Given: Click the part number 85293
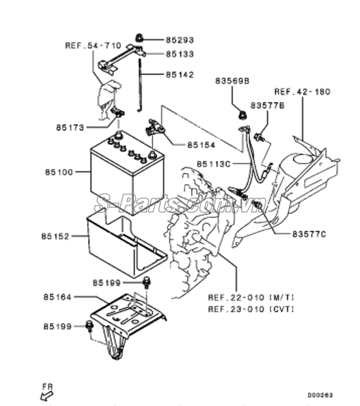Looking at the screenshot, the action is [x=180, y=40].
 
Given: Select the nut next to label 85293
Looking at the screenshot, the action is [x=139, y=38].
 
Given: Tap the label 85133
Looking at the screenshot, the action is [x=180, y=54].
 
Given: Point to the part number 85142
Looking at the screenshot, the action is [x=180, y=75].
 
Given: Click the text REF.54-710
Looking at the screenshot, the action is [x=93, y=46].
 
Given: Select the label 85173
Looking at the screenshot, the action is [x=70, y=128].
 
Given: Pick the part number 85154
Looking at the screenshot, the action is [x=201, y=145].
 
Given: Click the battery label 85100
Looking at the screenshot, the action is [x=59, y=172].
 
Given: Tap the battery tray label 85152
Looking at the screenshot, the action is [x=55, y=236].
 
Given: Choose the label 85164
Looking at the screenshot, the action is [x=57, y=297].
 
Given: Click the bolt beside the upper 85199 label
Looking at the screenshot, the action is [x=147, y=282].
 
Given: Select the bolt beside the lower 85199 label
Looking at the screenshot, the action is [x=89, y=326].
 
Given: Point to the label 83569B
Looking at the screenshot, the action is [x=232, y=81].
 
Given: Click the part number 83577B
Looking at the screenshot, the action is [x=267, y=105].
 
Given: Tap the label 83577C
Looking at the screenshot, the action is [x=309, y=234].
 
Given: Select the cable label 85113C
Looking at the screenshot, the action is [x=213, y=164].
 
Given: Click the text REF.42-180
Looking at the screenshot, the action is [x=302, y=92].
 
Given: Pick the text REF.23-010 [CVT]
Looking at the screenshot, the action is [x=251, y=309].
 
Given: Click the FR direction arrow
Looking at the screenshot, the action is [x=47, y=396].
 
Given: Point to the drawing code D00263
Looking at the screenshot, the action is [x=320, y=395].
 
